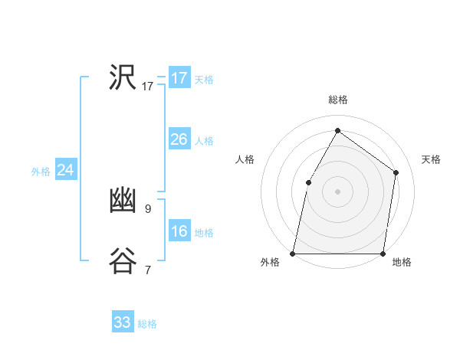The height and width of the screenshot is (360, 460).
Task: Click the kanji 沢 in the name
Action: pos(123,78)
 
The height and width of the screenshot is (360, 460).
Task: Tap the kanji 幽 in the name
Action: pos(123,201)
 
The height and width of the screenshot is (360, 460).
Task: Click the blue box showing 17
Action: pos(179,78)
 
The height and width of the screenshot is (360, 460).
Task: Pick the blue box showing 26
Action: pos(179,139)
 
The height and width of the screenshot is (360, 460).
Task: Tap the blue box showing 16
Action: pos(179,231)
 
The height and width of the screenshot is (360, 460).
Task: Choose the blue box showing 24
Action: pos(66,170)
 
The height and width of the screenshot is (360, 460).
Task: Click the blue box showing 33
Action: pos(123,322)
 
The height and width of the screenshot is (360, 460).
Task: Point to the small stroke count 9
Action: pos(148,208)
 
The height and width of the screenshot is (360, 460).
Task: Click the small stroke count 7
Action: pos(148,270)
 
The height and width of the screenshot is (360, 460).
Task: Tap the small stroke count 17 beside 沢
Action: pos(148,87)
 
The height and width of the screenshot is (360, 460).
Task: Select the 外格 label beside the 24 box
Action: pos(41,172)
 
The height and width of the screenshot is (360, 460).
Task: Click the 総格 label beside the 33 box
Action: pos(147,324)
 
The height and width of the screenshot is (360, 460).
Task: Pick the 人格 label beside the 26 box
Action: pos(204,141)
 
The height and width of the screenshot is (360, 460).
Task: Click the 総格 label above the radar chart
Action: pos(337,100)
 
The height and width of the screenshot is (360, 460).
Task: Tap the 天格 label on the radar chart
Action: pos(431,159)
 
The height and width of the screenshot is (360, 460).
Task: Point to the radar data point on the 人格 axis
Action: pos(308,182)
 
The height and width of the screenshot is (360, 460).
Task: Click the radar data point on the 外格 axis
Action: pos(293,253)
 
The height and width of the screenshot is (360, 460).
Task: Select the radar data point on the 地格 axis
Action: pos(383,253)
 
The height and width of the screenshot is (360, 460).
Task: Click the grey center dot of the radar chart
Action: pos(337,191)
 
